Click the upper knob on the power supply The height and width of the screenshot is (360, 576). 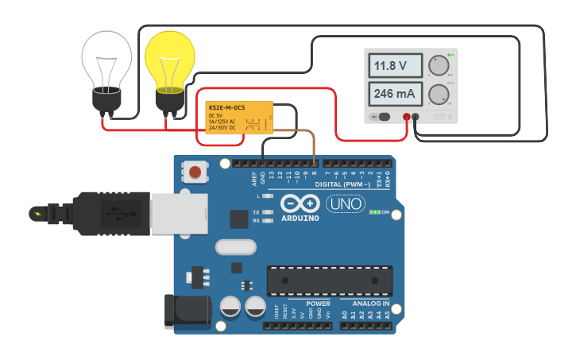coord(437,65)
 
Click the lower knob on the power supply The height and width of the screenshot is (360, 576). coord(437,95)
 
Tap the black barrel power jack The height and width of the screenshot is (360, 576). coord(186,311)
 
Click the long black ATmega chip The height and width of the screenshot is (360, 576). coord(329,281)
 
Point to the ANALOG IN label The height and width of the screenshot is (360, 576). coord(365,304)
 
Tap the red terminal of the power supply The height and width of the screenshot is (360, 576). coord(406,118)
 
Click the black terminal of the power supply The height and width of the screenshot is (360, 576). coord(416,118)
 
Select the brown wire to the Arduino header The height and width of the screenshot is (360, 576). coord(314,151)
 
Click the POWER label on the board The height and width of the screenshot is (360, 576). coord(318,304)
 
